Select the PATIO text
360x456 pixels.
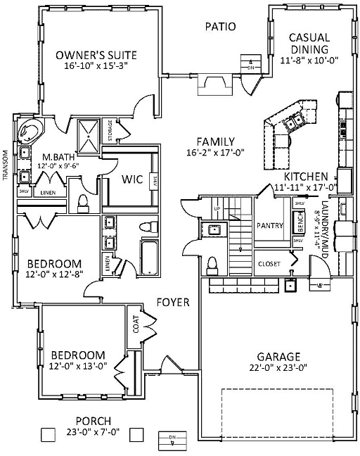(220, 27)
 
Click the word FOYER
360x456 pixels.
(173, 303)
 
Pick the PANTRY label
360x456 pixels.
(270, 227)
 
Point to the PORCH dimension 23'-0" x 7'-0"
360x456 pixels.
(94, 432)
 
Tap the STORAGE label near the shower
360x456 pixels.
(110, 132)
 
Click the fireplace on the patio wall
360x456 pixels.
(212, 84)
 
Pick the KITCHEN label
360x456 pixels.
(307, 176)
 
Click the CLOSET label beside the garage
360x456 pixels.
(269, 264)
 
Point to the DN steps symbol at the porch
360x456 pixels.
(171, 438)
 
